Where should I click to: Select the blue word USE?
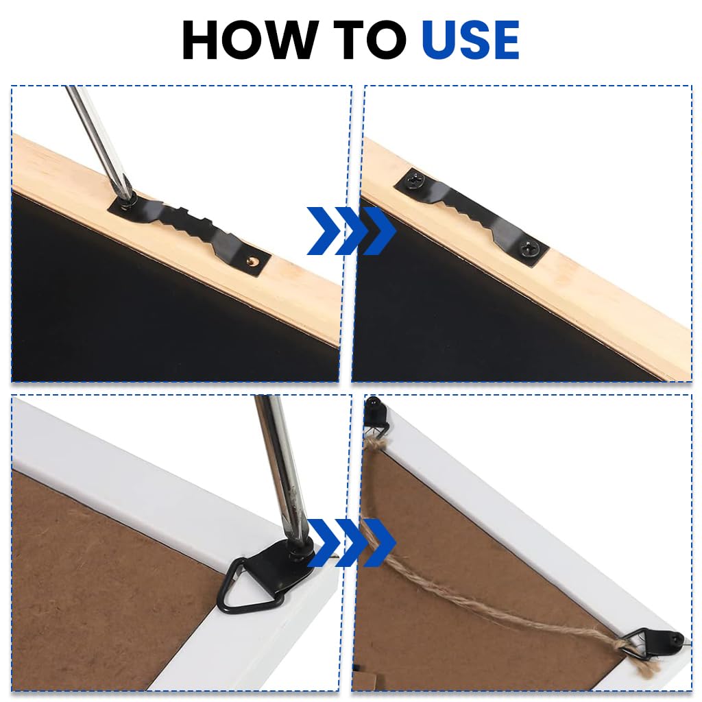coord(470,41)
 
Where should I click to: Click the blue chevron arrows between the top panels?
coord(350,230)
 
